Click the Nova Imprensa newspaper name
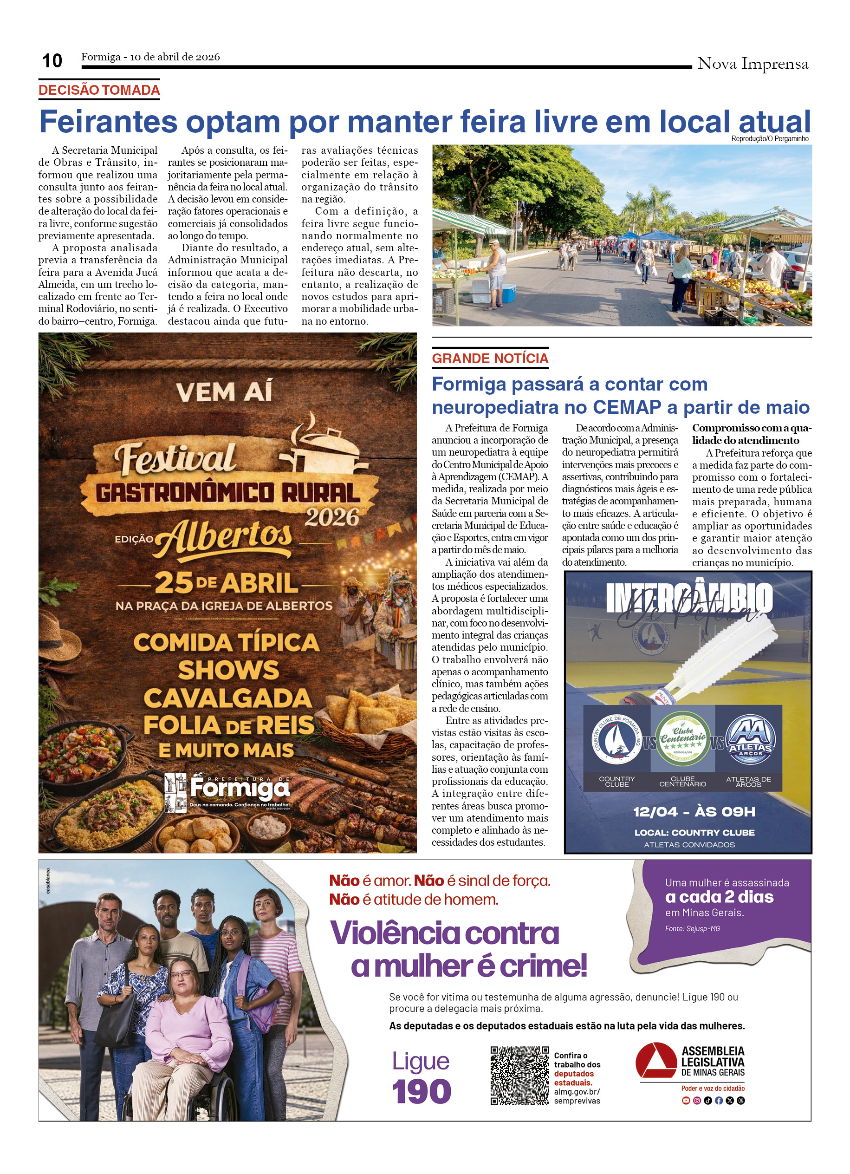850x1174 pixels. coord(752,64)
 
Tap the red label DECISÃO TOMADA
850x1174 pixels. coord(99,90)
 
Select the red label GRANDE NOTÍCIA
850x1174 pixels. coord(490,358)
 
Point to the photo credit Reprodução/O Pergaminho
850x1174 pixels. coord(769,139)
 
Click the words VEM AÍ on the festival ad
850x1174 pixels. coord(224,392)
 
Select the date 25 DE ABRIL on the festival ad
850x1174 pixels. coord(227,583)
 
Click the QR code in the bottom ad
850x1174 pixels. coord(519,1076)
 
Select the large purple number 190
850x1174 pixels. coord(421,1092)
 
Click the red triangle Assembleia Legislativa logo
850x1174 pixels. coord(656,1060)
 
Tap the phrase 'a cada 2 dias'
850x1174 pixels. coord(719,897)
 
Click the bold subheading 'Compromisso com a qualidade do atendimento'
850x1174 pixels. coord(751,434)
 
